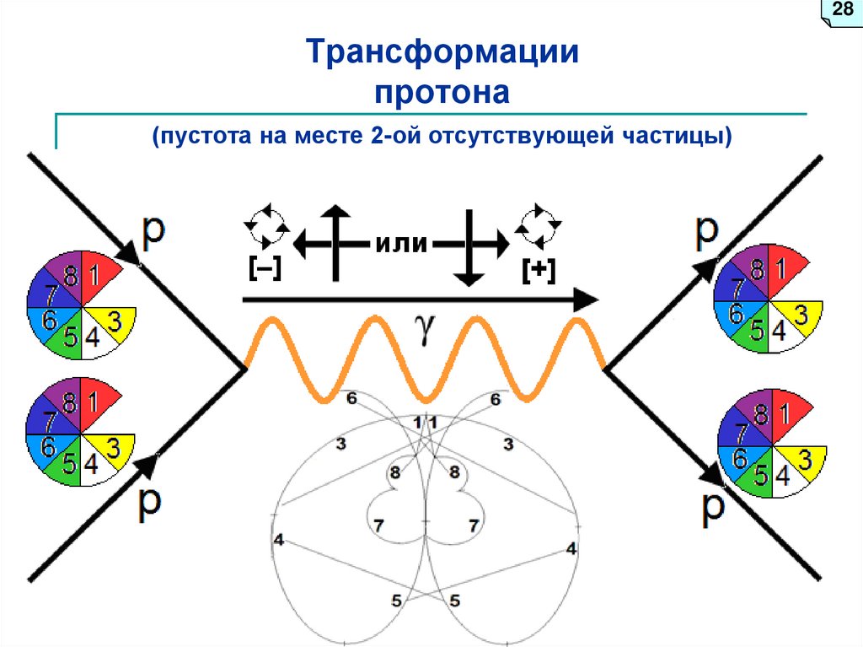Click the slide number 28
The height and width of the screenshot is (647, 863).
(x=842, y=10)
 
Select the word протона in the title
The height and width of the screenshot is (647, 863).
(x=442, y=90)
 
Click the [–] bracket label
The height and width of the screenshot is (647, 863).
(x=265, y=267)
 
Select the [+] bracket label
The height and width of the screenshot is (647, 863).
(x=538, y=269)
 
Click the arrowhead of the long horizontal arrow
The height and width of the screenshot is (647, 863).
(x=586, y=299)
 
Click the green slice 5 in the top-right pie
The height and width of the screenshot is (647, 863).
(x=758, y=331)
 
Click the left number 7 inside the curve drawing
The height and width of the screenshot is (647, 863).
(x=378, y=525)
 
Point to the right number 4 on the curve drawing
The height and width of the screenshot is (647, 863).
(x=571, y=548)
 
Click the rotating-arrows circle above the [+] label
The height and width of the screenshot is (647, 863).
(x=538, y=221)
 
